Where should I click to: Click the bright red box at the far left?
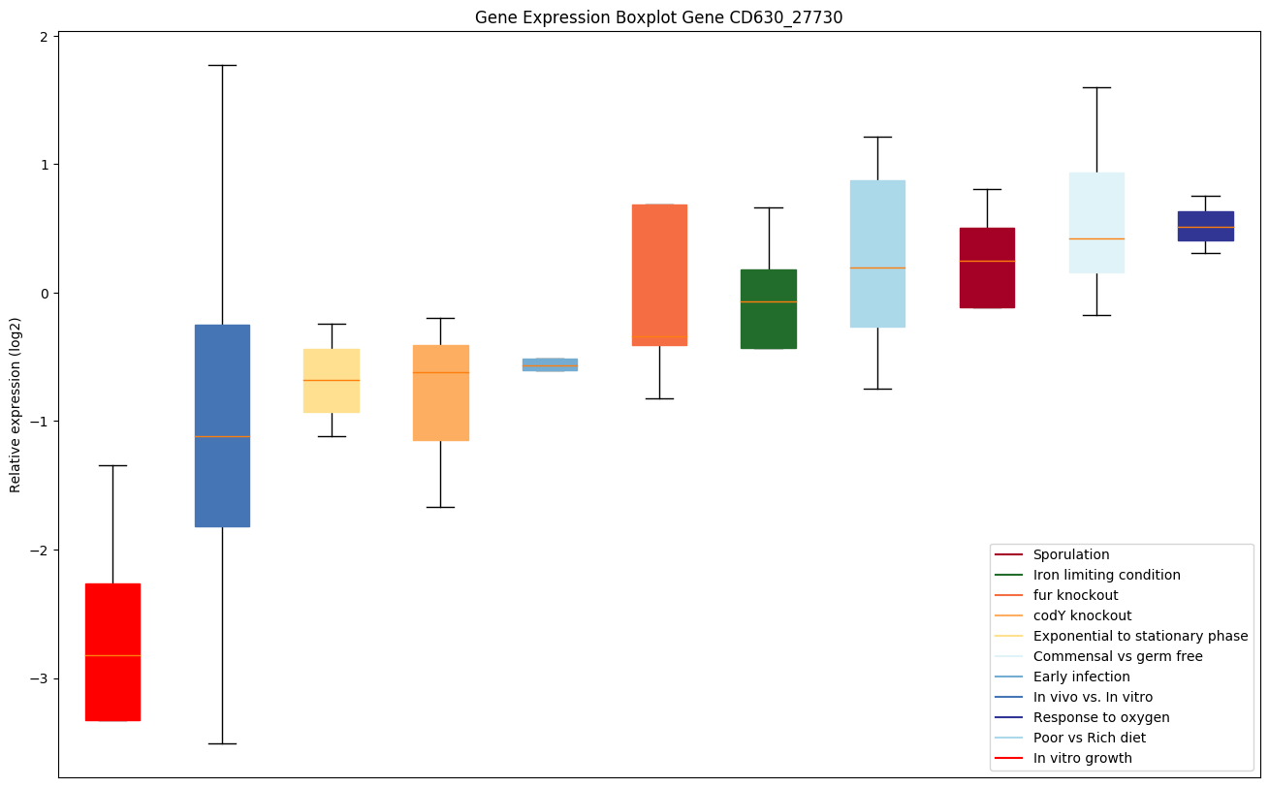tap(112, 651)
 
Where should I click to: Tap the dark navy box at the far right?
tap(1205, 226)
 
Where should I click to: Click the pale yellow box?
tap(332, 381)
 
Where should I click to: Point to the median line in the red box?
tap(112, 656)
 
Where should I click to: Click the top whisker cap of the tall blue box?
tap(222, 65)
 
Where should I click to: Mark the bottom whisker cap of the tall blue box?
tap(222, 743)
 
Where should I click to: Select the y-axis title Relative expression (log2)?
tap(16, 404)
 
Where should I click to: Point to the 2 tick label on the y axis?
tap(44, 36)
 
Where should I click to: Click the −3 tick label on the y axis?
tap(40, 678)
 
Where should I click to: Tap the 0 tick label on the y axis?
tap(44, 293)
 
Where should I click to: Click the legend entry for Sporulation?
tap(1070, 554)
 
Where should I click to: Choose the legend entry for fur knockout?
tap(1075, 595)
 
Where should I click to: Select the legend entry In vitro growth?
tap(1082, 758)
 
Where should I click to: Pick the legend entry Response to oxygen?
tap(1100, 717)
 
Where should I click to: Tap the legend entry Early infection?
tap(1081, 677)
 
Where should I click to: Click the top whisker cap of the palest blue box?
tap(1096, 87)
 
